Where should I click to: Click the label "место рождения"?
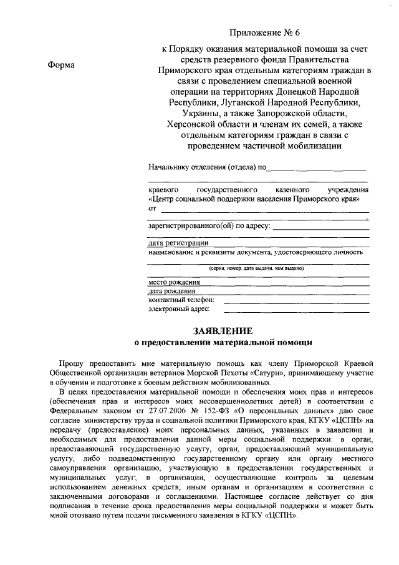174,282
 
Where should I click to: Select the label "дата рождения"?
172,291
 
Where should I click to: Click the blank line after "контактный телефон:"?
296,301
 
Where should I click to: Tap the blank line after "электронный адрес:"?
296,309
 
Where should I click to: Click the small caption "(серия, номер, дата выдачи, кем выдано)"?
256,268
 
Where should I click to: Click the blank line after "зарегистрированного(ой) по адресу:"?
320,228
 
